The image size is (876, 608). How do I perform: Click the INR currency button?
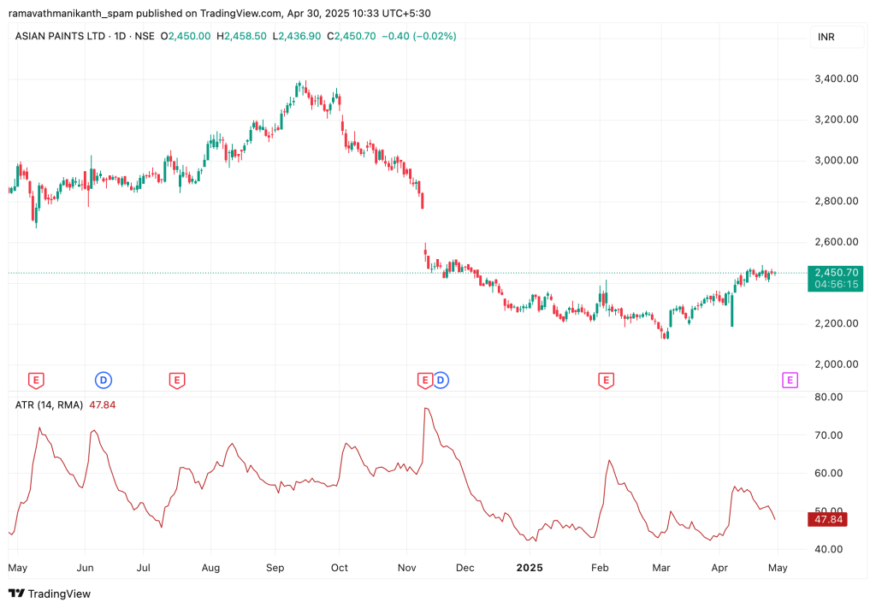click(826, 37)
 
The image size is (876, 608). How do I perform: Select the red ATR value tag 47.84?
click(828, 519)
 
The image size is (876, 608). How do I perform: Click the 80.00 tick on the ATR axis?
click(828, 397)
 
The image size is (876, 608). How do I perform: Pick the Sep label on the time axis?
click(275, 568)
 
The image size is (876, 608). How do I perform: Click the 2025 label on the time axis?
click(530, 568)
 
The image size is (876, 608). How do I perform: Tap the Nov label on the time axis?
click(406, 568)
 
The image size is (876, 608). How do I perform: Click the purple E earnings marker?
click(790, 380)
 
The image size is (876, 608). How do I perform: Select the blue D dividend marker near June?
click(103, 380)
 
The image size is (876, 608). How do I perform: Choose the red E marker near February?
click(606, 380)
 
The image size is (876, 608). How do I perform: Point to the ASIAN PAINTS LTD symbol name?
click(60, 36)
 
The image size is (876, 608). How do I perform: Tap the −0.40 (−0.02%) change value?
click(419, 36)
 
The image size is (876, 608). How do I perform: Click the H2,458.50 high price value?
click(242, 36)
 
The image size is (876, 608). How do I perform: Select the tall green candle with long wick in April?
click(732, 308)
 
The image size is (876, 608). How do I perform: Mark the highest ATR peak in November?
click(425, 409)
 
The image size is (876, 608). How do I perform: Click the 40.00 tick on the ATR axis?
click(828, 549)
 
